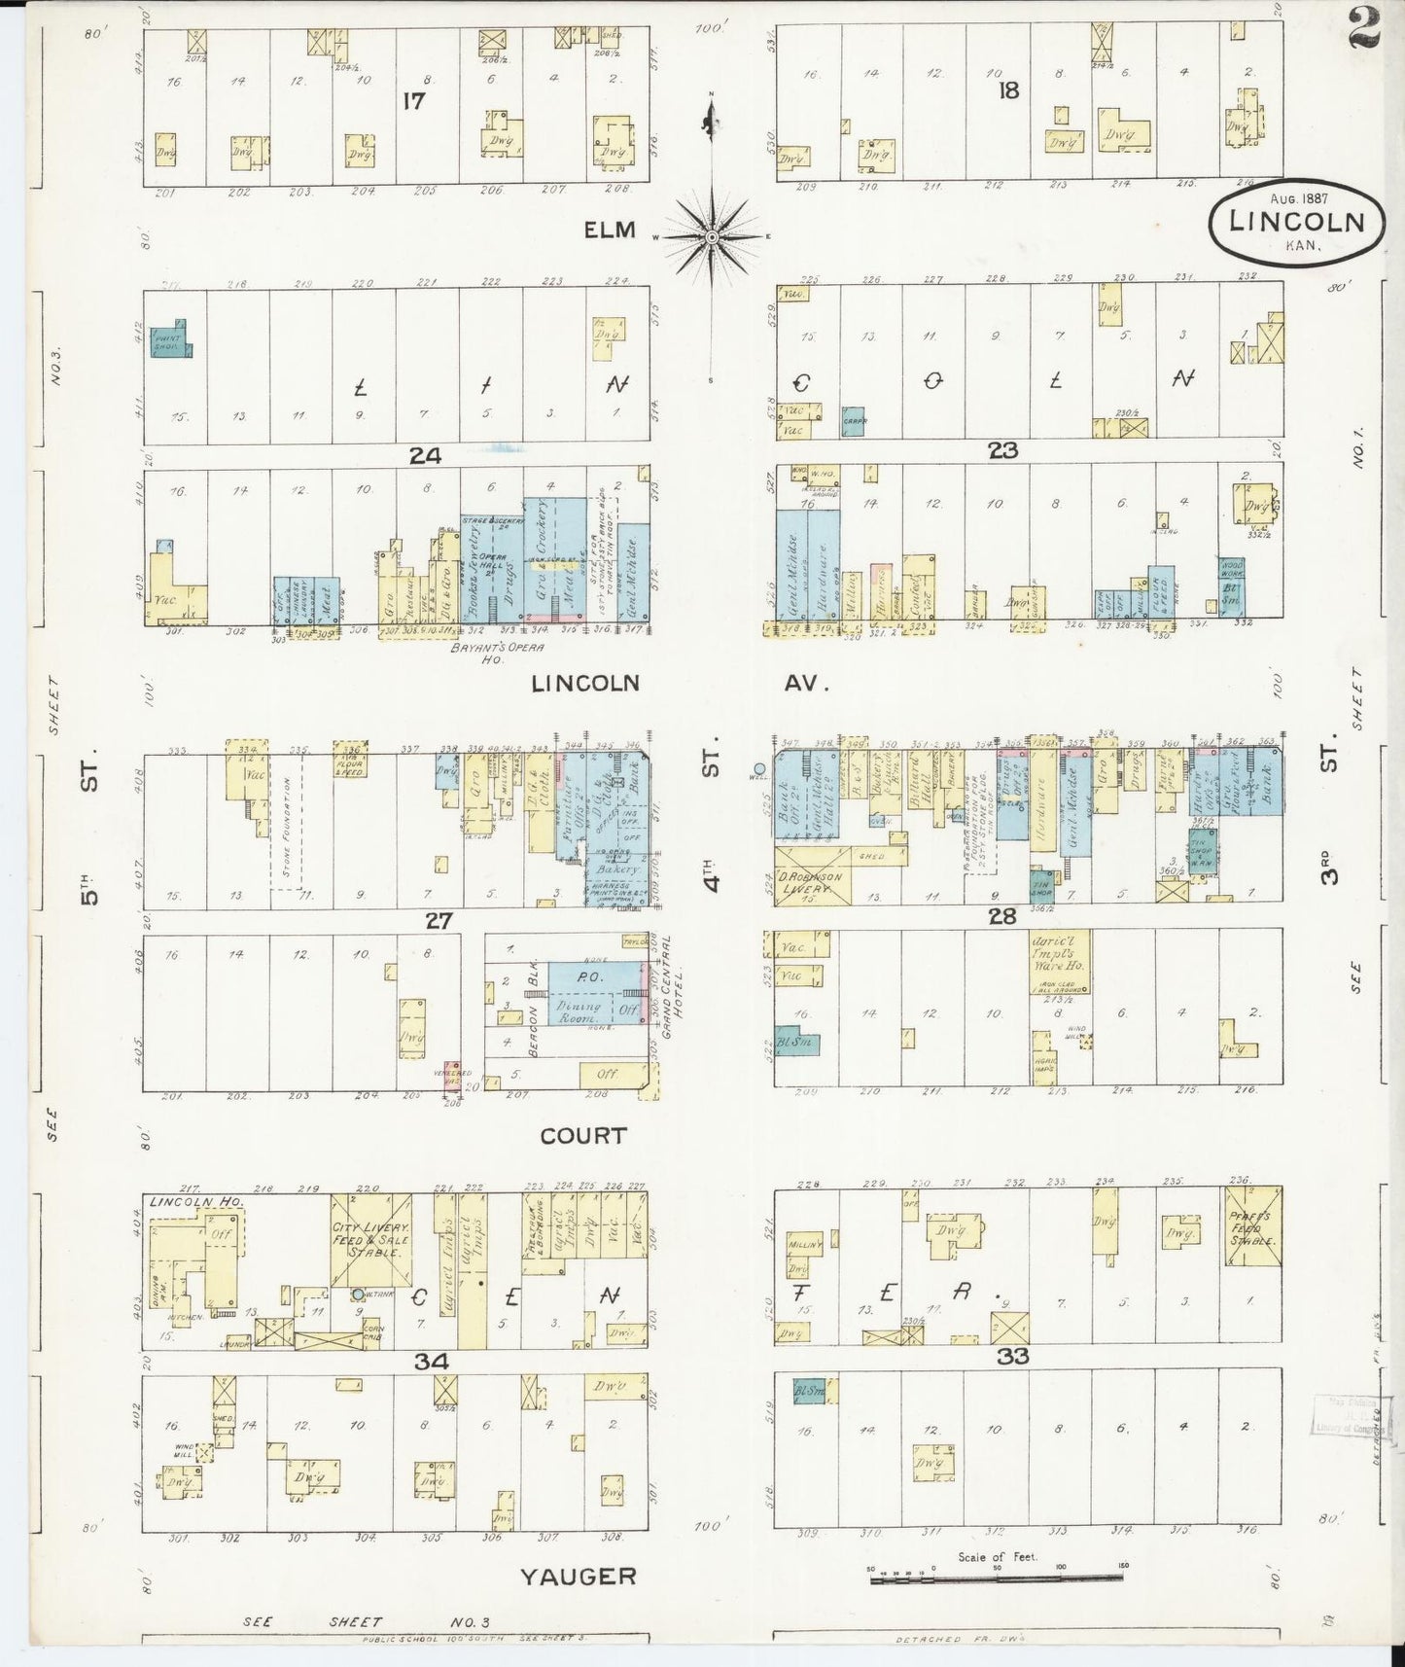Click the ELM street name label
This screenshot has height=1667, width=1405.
tap(610, 230)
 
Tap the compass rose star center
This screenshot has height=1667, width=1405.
tap(712, 236)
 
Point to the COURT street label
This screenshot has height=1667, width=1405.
tap(582, 1135)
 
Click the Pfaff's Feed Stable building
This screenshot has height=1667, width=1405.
tap(1252, 1226)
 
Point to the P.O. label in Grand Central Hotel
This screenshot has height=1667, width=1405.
tap(591, 975)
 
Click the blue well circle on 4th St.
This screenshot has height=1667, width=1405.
tap(759, 768)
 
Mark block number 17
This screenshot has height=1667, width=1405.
tap(414, 100)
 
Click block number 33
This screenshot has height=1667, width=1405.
tap(1013, 1356)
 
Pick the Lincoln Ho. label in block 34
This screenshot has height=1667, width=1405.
tap(182, 1202)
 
